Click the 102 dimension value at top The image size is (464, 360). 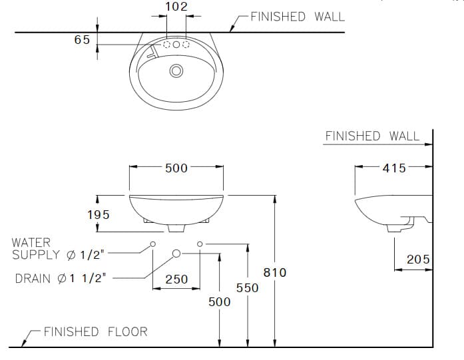176,7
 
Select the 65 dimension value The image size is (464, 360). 81,40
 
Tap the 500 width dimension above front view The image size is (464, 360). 176,168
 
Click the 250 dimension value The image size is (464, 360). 176,279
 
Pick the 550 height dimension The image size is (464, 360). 248,288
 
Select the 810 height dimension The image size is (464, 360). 274,272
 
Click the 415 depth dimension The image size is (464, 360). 394,168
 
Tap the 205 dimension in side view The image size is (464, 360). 418,260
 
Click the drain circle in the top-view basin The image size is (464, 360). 176,71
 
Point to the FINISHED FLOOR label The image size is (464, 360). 95,331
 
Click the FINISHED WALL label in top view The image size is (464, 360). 298,17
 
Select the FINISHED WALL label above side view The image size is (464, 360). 372,136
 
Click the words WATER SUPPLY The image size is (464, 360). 40,250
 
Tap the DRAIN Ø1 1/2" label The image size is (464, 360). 60,278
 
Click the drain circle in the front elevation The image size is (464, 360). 176,253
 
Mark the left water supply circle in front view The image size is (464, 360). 152,244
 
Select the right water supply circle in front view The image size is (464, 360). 200,244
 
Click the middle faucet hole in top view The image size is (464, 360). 176,45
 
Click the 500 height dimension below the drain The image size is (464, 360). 219,301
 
